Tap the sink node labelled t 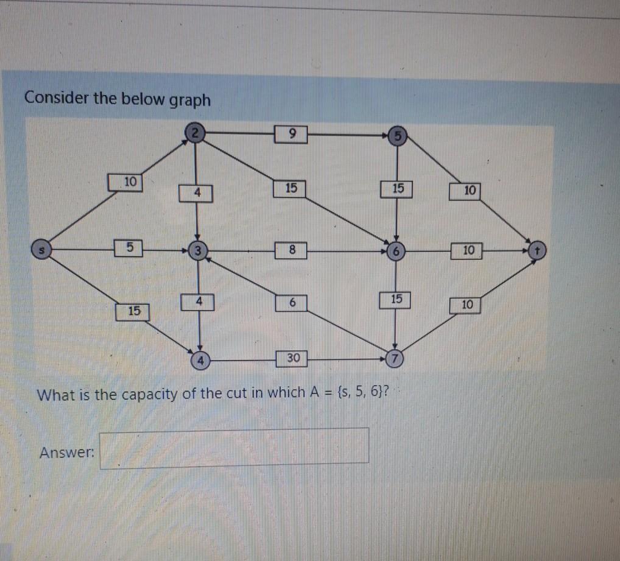click(537, 250)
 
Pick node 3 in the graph click(196, 250)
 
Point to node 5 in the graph click(397, 135)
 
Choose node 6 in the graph click(396, 250)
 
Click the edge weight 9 click(291, 132)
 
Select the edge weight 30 click(292, 358)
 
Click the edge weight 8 click(291, 249)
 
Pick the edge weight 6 click(292, 303)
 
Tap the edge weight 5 click(128, 249)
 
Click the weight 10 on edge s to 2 click(126, 182)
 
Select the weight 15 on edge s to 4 click(133, 311)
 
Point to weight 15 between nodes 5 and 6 click(396, 189)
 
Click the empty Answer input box click(234, 448)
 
